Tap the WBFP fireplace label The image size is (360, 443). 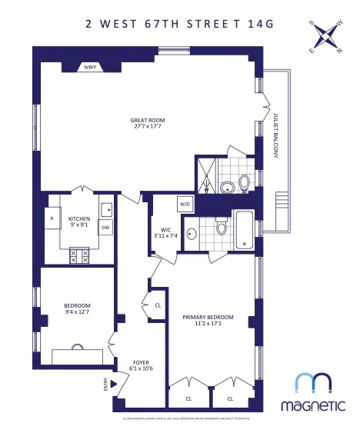pyautogui.click(x=92, y=66)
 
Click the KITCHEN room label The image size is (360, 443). pyautogui.click(x=79, y=218)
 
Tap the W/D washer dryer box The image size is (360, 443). pyautogui.click(x=185, y=205)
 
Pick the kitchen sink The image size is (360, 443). pyautogui.click(x=107, y=208)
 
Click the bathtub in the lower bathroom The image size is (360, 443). pyautogui.click(x=244, y=230)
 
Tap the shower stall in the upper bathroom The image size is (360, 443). pyautogui.click(x=206, y=175)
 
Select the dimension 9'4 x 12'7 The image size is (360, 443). pyautogui.click(x=77, y=312)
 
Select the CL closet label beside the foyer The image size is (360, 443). pyautogui.click(x=158, y=305)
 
